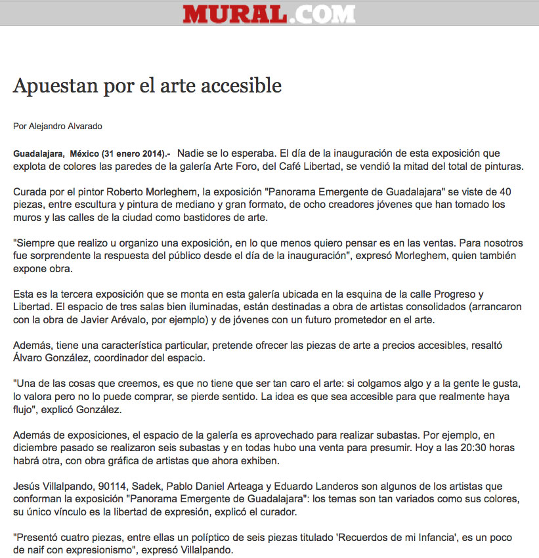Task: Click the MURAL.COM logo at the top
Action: pos(269,13)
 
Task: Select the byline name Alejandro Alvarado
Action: pos(64,126)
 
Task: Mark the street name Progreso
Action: pos(449,294)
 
